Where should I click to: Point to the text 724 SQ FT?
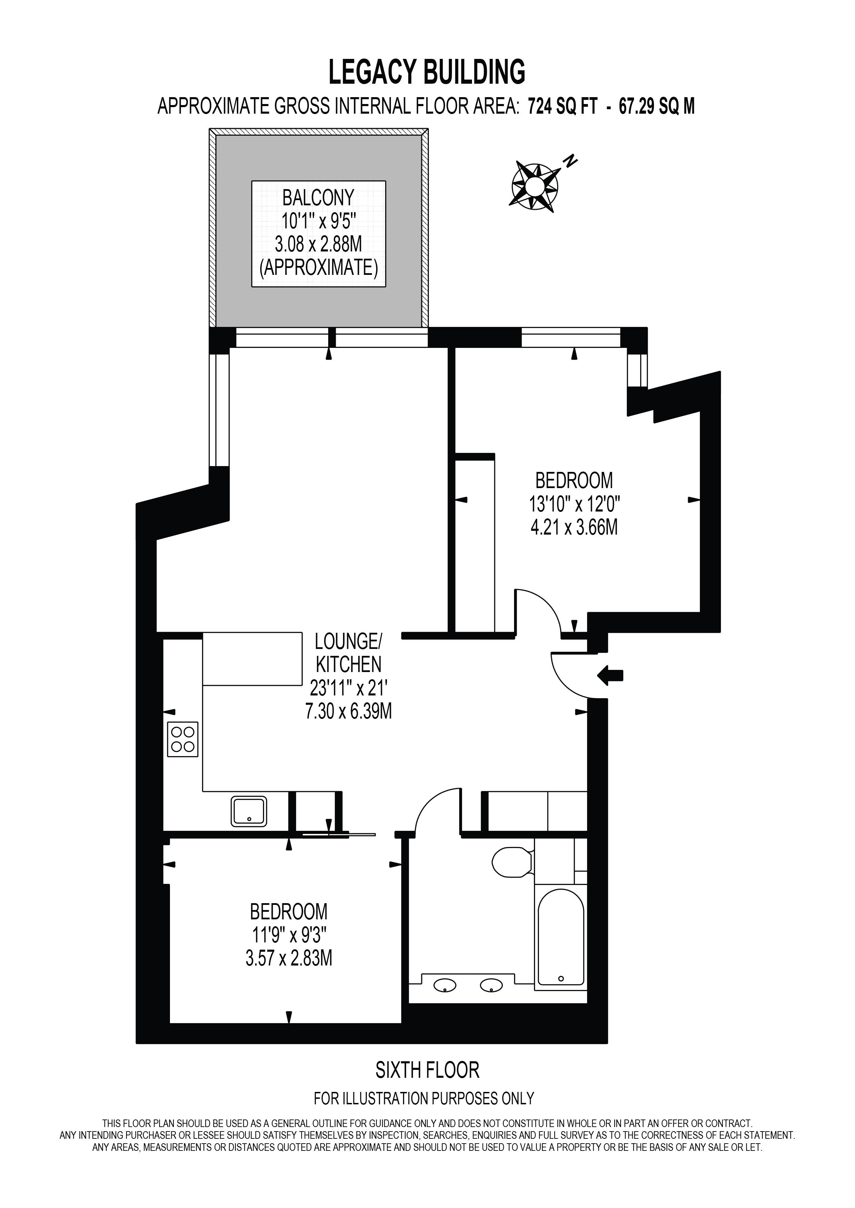tap(563, 107)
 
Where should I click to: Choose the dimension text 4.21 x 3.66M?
tap(574, 527)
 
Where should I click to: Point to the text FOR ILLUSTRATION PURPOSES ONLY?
tap(424, 1098)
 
